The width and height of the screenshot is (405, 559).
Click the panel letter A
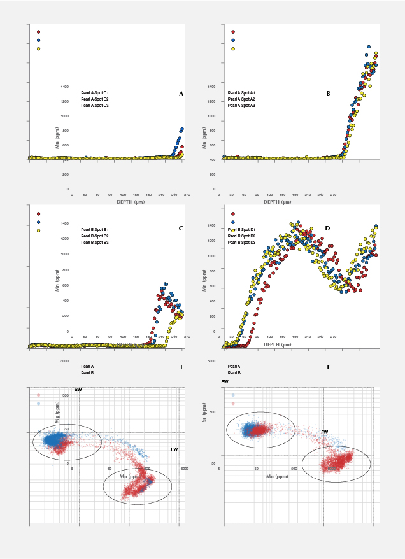pos(181,94)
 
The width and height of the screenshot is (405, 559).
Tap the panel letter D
pos(327,228)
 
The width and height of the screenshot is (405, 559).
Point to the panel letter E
pos(182,367)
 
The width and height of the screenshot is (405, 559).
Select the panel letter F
pos(328,367)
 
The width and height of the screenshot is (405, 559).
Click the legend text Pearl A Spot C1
pos(95,93)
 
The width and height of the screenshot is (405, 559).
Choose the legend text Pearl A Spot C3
pos(95,105)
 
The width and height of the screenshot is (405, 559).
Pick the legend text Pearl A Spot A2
pos(241,99)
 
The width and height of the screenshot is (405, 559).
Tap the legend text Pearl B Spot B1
pos(95,229)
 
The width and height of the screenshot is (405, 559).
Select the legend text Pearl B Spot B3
pos(95,243)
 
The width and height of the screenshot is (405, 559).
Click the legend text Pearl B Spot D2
pos(242,236)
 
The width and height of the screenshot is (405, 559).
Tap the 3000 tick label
pos(64,360)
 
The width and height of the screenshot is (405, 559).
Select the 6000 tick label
pos(185,469)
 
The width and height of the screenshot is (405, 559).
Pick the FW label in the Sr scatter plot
pos(324,432)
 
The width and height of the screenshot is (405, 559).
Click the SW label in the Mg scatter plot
pos(78,388)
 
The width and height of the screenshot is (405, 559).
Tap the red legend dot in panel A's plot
pos(39,31)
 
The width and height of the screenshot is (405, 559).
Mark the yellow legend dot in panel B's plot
pos(233,48)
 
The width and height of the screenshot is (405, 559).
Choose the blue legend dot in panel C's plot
pos(39,223)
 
